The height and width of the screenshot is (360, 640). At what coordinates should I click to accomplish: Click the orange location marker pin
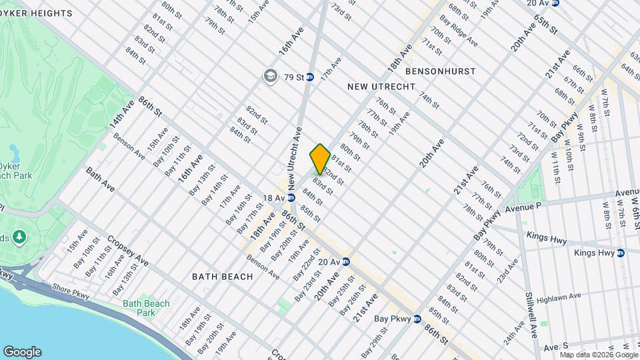tap(320, 159)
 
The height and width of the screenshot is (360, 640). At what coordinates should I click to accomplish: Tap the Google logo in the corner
tap(22, 352)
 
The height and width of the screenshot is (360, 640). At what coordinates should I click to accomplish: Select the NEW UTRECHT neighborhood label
tap(381, 87)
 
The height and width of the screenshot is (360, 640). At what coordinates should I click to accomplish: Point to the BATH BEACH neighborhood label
tap(222, 276)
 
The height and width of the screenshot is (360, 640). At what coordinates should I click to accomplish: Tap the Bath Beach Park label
tap(146, 308)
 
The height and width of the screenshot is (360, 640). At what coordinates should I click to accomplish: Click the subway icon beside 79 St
tap(310, 77)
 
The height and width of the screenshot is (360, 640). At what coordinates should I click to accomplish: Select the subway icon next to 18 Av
tap(291, 198)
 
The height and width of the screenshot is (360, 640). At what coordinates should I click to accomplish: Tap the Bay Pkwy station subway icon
tap(417, 319)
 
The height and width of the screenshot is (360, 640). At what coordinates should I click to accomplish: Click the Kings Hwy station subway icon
tap(621, 253)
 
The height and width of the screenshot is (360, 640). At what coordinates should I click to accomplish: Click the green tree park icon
tap(19, 236)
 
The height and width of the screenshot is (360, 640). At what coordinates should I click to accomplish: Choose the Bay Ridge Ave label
tap(463, 35)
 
